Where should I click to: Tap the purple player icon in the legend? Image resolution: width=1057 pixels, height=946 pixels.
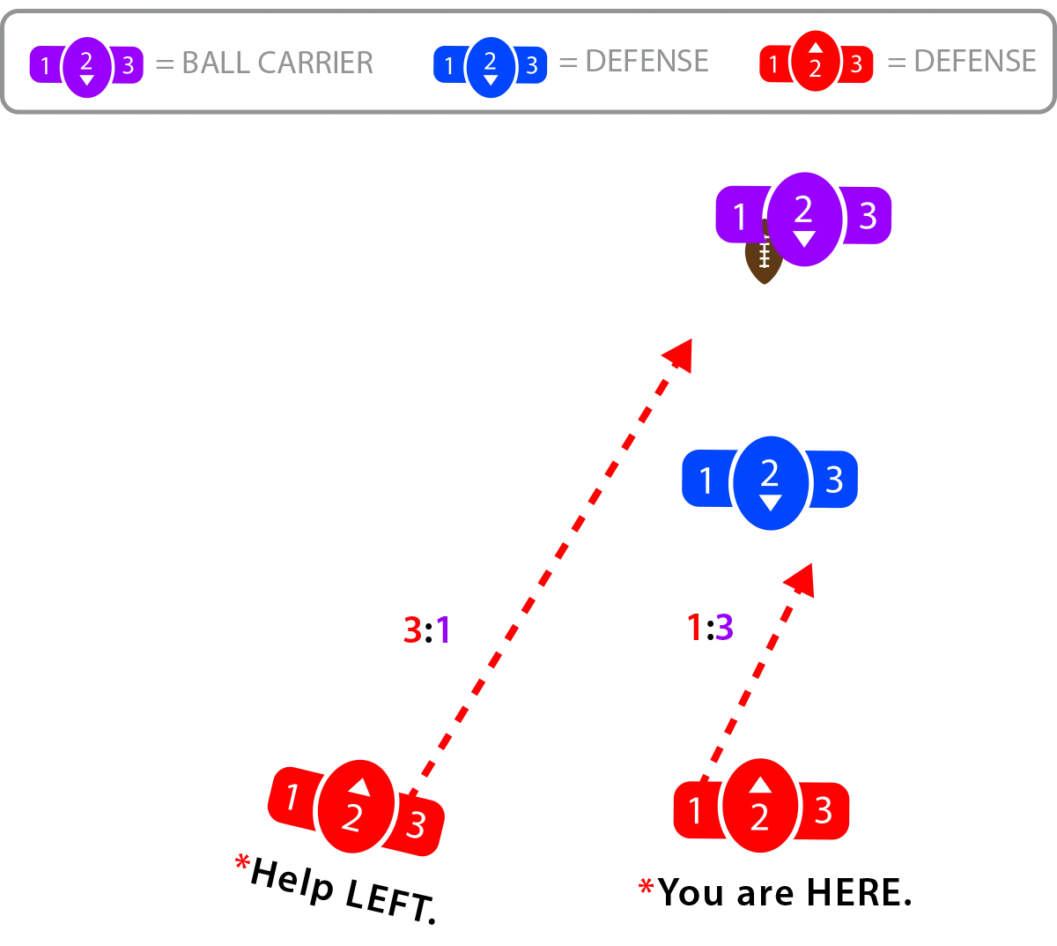coord(86,65)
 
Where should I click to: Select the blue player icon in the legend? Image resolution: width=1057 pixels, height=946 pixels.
coord(490,65)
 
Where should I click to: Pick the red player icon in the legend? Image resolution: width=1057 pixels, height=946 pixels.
coord(816,62)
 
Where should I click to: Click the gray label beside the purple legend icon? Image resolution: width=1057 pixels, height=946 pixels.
coord(264,63)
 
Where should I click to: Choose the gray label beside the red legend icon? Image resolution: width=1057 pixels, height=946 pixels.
coord(962,63)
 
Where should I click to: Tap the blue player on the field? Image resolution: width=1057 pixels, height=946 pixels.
coord(770,481)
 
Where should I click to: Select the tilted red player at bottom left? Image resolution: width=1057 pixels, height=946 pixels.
coord(355,806)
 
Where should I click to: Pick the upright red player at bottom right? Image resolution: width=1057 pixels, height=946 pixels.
coord(760,807)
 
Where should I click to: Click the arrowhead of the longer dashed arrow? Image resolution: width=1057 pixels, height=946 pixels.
coord(679,354)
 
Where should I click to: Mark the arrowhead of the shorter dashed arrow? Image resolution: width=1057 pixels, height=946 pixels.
coord(800,580)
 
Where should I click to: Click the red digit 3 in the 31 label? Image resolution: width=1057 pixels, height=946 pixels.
coord(411,630)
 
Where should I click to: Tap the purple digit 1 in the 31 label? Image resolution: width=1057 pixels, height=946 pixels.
coord(444,630)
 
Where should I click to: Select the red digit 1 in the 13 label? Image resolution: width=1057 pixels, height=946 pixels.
coord(694,628)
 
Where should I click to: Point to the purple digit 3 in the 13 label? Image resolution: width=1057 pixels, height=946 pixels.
coord(723,628)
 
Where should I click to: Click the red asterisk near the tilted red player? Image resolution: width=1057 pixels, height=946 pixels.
coord(242,860)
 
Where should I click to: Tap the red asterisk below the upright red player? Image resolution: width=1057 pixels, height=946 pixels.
coord(645,885)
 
